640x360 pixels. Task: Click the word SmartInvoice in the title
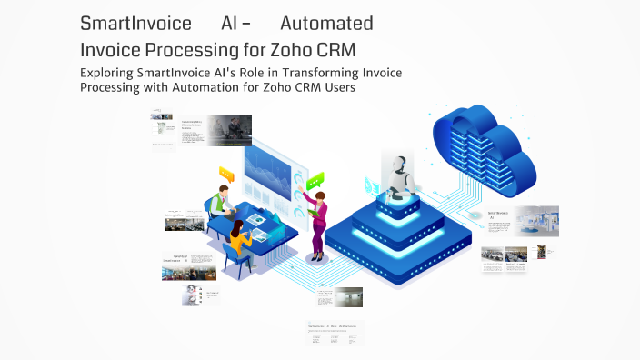point(135,23)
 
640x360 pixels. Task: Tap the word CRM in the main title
point(330,47)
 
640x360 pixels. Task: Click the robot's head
point(397,165)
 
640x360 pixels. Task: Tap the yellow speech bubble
point(226,173)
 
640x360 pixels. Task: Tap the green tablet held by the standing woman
point(313,212)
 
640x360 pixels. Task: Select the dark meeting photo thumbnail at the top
point(229,130)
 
